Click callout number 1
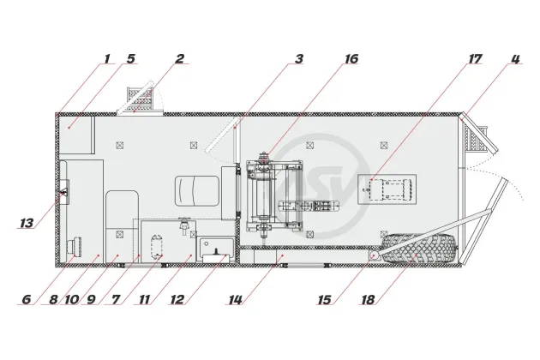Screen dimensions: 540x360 click(x=107, y=58)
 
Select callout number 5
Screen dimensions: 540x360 click(x=130, y=58)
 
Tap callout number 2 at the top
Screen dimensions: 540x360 click(x=179, y=58)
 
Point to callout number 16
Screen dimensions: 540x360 click(x=351, y=58)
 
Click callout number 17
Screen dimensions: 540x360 click(x=475, y=58)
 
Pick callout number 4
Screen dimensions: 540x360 click(x=515, y=58)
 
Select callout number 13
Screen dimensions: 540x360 click(x=27, y=223)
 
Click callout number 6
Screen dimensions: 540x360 click(x=27, y=299)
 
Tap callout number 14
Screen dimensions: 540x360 click(x=236, y=299)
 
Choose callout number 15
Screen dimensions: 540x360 click(x=324, y=299)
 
